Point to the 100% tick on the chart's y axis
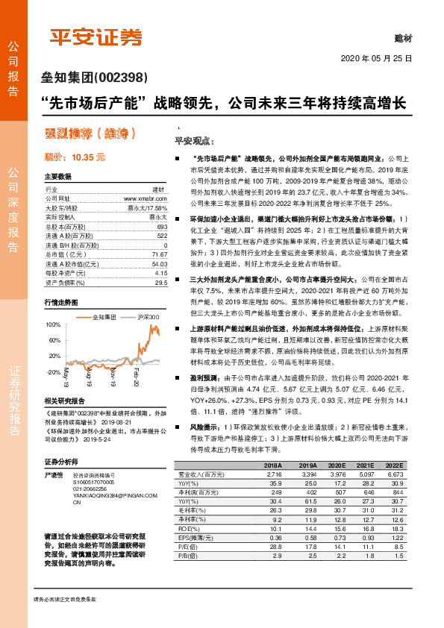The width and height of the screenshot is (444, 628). coord(53,326)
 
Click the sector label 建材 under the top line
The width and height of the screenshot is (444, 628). coord(404,37)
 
